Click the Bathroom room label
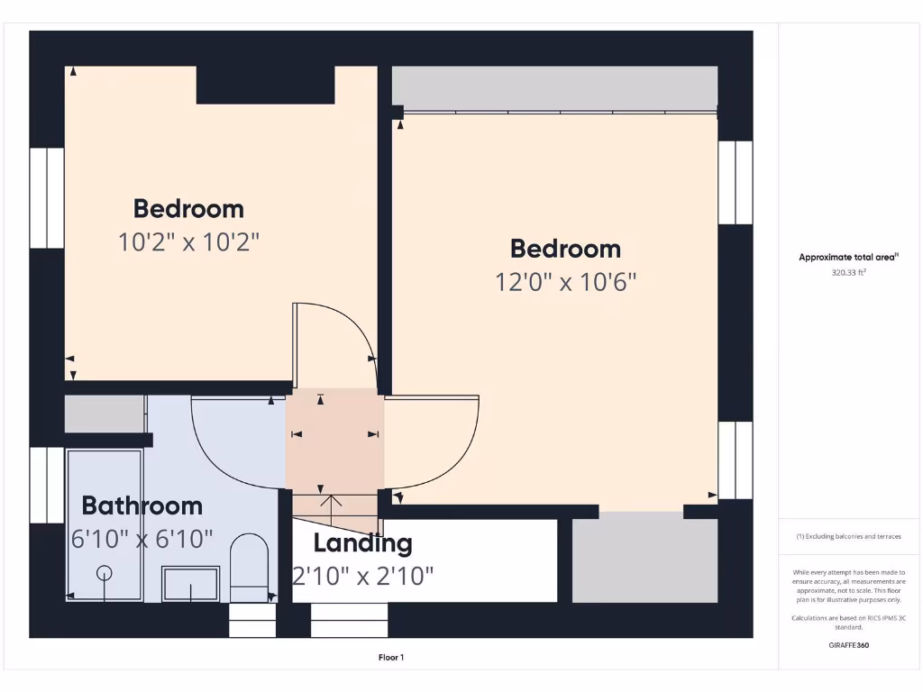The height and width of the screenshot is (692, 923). pos(142,505)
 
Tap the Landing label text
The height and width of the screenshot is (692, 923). pos(362,543)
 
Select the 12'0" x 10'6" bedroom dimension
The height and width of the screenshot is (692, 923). pos(565,282)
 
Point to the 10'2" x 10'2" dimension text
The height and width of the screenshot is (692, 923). pos(188,241)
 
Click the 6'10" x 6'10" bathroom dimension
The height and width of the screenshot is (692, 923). pos(142,539)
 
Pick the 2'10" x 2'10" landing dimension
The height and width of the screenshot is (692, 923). pos(362,575)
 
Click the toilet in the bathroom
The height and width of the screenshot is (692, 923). pos(250,566)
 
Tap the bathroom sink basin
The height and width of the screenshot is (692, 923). pos(190,583)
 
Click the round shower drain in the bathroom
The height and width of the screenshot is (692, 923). pos(105,572)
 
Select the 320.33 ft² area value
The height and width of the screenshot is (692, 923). pos(848,272)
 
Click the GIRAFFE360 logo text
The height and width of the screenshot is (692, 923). pos(848,645)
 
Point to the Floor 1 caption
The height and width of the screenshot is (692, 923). pos(390,658)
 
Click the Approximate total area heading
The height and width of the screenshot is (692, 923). pos(848,258)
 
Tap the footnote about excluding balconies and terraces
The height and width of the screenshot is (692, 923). pos(848,536)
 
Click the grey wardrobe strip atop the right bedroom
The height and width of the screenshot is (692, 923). pos(554,87)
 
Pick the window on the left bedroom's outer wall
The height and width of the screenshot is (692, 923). pos(47,197)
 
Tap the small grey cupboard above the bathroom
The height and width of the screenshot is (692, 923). pos(105,414)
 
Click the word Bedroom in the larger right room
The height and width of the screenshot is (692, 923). pos(565,249)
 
